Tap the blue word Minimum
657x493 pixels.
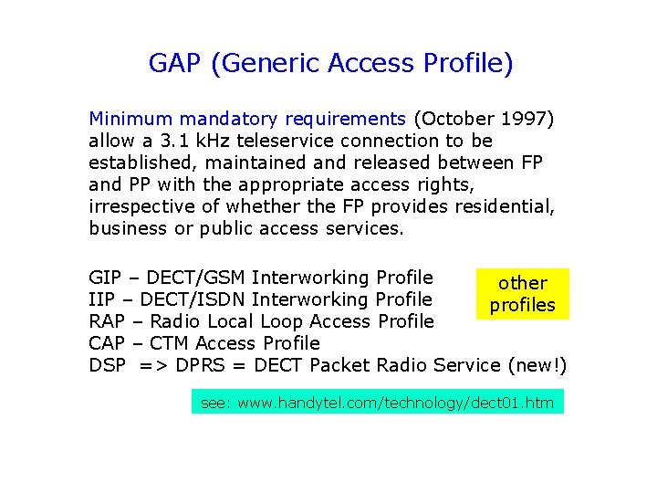pos(130,119)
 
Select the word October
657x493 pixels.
pos(454,119)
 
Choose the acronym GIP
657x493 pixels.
pos(105,278)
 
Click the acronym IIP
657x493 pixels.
pos(102,299)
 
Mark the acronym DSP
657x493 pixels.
pos(106,365)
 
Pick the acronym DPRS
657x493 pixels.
pos(200,365)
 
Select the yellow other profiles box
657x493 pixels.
pos(523,294)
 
